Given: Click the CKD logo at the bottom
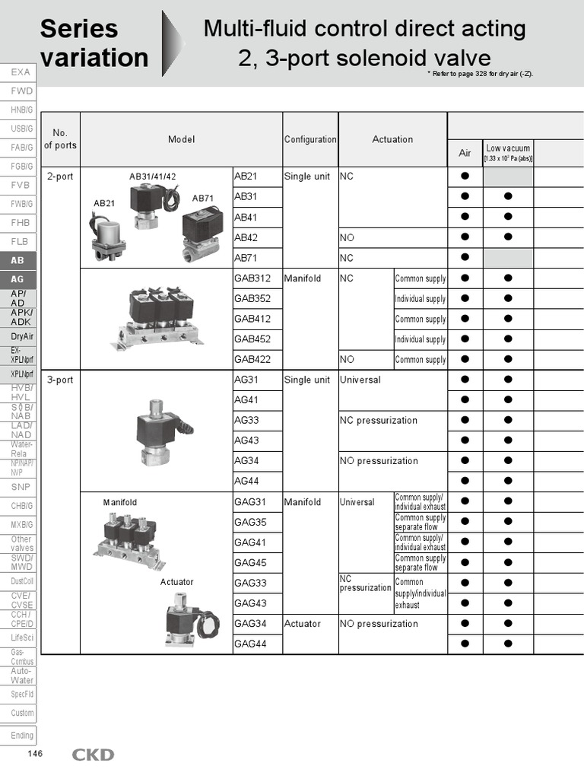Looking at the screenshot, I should point(93,755).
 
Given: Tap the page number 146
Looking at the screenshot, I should point(35,754).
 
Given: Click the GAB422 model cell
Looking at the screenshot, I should point(252,359).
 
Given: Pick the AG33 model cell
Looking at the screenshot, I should point(246,420).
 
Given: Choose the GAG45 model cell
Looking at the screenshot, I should point(250,562).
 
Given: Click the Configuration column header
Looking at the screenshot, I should point(310,139).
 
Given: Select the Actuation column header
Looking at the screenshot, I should point(392,139).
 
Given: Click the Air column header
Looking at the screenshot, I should point(465,153).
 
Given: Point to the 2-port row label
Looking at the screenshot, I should point(60,176).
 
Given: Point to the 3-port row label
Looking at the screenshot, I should point(60,380).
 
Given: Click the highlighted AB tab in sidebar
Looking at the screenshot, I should point(17,260).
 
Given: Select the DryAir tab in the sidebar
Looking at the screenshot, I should point(22,335).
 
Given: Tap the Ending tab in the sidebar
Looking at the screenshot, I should point(22,736).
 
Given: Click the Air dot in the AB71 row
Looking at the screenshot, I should point(465,258).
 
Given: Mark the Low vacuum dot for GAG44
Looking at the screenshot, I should point(508,644).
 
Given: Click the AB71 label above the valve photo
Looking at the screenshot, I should point(203,199).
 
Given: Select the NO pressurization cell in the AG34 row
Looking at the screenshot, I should point(379,461).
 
